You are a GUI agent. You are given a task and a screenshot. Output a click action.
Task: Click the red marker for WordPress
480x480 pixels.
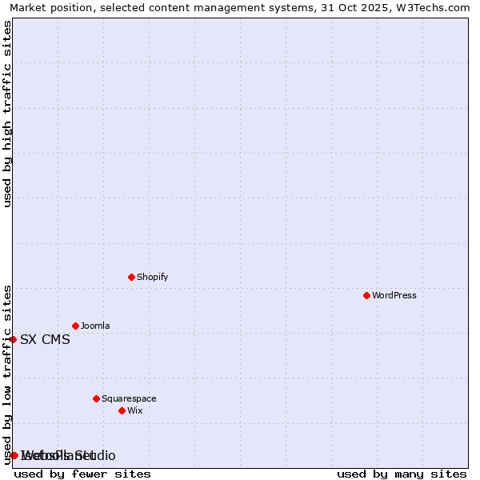click(366, 295)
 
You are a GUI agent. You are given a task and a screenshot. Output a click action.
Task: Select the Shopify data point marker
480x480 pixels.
click(131, 277)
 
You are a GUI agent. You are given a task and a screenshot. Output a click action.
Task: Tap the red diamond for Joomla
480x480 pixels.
click(75, 326)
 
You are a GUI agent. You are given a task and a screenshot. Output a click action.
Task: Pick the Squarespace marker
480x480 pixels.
click(96, 398)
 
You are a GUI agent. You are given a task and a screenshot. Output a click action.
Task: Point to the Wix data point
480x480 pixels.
click(122, 410)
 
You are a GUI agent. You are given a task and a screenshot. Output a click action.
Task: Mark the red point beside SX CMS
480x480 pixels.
click(13, 339)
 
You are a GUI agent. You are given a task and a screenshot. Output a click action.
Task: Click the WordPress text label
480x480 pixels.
click(394, 295)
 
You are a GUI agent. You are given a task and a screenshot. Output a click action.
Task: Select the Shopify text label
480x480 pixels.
click(152, 277)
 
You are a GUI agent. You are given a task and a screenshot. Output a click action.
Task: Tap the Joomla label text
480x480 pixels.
click(95, 326)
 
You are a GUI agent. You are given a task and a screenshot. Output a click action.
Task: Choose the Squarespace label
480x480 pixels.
click(129, 398)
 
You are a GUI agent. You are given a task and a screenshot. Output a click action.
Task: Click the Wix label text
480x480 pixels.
click(134, 410)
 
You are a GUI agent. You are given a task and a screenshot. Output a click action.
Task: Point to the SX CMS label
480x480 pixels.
click(45, 339)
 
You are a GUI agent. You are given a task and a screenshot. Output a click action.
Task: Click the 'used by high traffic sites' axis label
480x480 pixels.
click(7, 114)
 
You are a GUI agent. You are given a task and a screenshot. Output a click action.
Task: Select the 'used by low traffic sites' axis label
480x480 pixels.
click(7, 374)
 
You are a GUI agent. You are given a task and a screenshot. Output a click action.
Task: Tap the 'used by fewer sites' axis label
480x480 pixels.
click(82, 474)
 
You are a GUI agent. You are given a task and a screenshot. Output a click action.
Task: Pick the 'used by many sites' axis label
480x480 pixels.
click(402, 474)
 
